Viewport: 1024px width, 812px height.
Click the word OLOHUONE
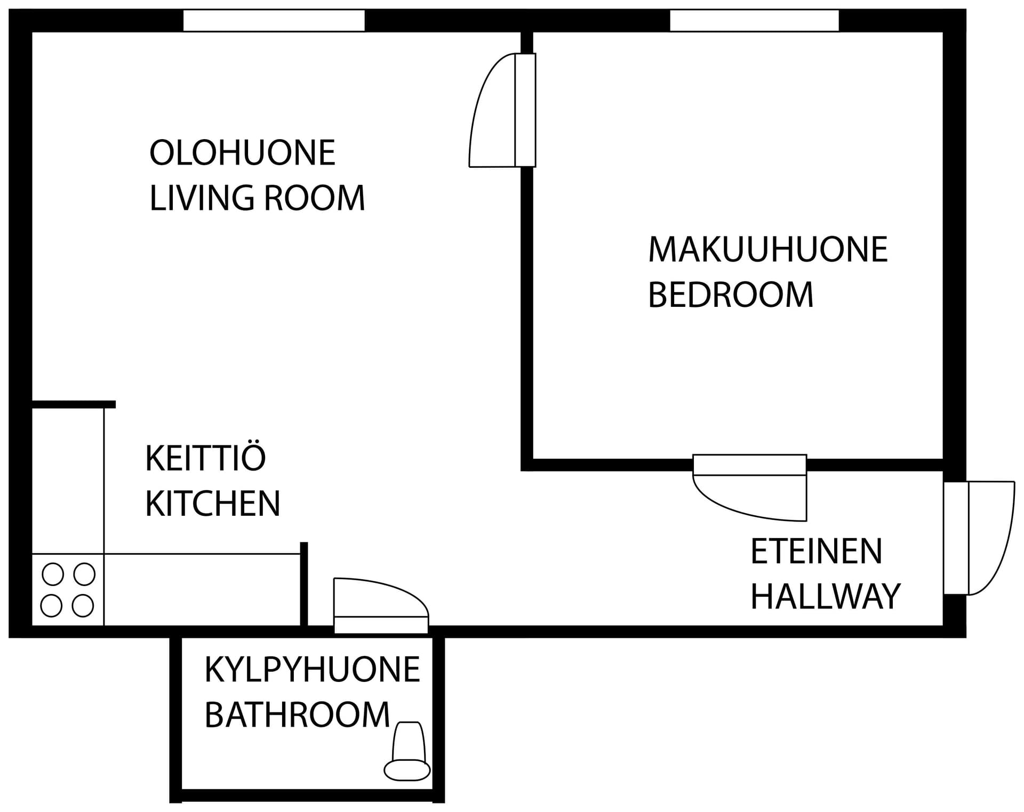[242, 153]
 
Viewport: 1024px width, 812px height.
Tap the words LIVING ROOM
[257, 198]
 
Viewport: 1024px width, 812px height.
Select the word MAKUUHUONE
[768, 249]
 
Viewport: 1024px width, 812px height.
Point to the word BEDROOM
[731, 295]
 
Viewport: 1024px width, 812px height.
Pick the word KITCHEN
[213, 503]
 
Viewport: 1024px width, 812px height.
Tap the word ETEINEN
[817, 551]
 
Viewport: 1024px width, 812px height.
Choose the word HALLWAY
[826, 596]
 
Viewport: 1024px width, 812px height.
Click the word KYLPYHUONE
[313, 670]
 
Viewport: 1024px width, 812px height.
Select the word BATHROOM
[298, 714]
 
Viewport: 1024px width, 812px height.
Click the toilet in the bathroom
[407, 751]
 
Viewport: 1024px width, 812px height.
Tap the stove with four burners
[68, 590]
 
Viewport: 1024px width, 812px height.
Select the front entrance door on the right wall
[979, 538]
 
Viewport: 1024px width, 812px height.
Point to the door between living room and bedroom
[502, 110]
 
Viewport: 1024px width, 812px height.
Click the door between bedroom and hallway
[749, 488]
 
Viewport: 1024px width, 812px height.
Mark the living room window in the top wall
[274, 21]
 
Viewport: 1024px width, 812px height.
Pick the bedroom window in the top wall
[754, 21]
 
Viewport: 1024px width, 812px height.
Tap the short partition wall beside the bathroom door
[304, 584]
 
